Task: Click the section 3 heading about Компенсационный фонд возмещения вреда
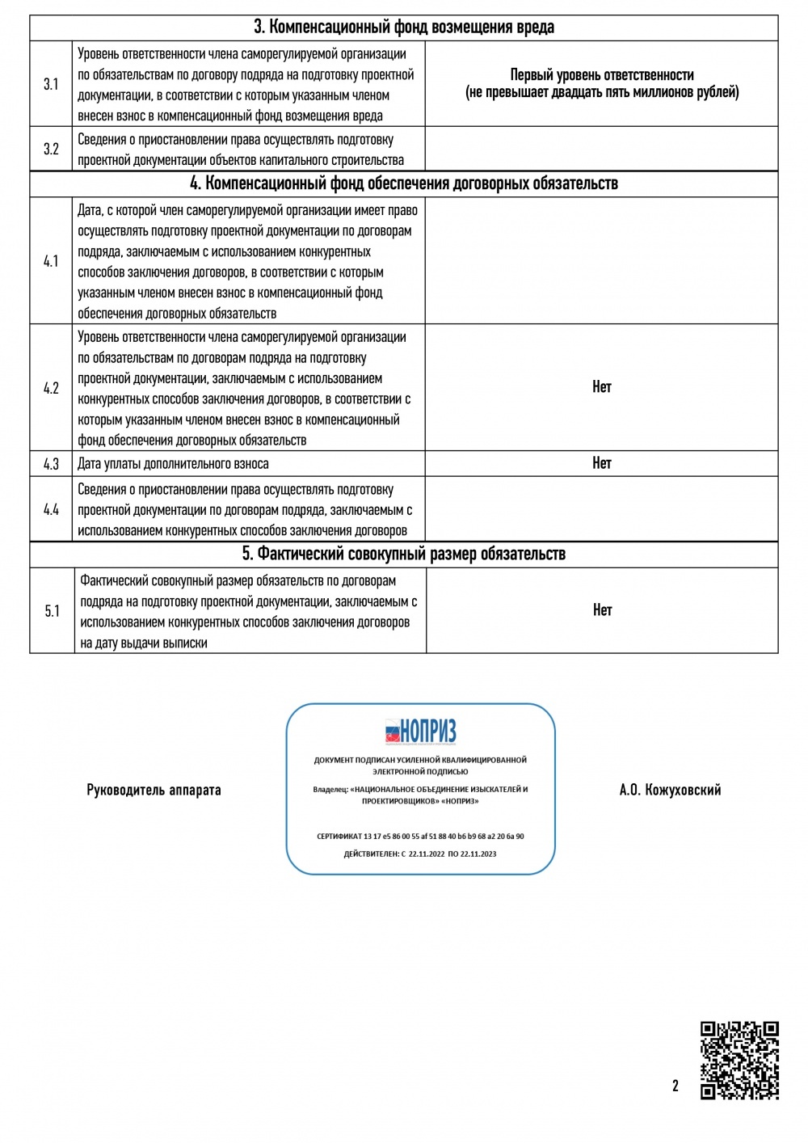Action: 404,27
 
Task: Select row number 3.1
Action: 51,84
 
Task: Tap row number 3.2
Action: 51,149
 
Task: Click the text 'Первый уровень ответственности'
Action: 601,75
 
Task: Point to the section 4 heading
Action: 404,183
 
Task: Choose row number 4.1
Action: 51,261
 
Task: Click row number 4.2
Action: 51,388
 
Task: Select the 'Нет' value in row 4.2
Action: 601,387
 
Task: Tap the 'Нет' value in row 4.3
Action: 601,463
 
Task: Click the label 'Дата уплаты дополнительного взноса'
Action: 173,464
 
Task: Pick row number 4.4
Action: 51,509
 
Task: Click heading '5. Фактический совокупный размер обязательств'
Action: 404,554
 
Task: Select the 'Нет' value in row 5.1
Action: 602,610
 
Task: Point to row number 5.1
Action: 52,611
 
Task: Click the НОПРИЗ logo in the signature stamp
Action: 420,732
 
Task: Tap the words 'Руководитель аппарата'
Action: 154,790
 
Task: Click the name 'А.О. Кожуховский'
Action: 670,790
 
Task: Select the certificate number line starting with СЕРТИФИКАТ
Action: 420,837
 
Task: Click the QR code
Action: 739,1060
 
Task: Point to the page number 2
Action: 675,1086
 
